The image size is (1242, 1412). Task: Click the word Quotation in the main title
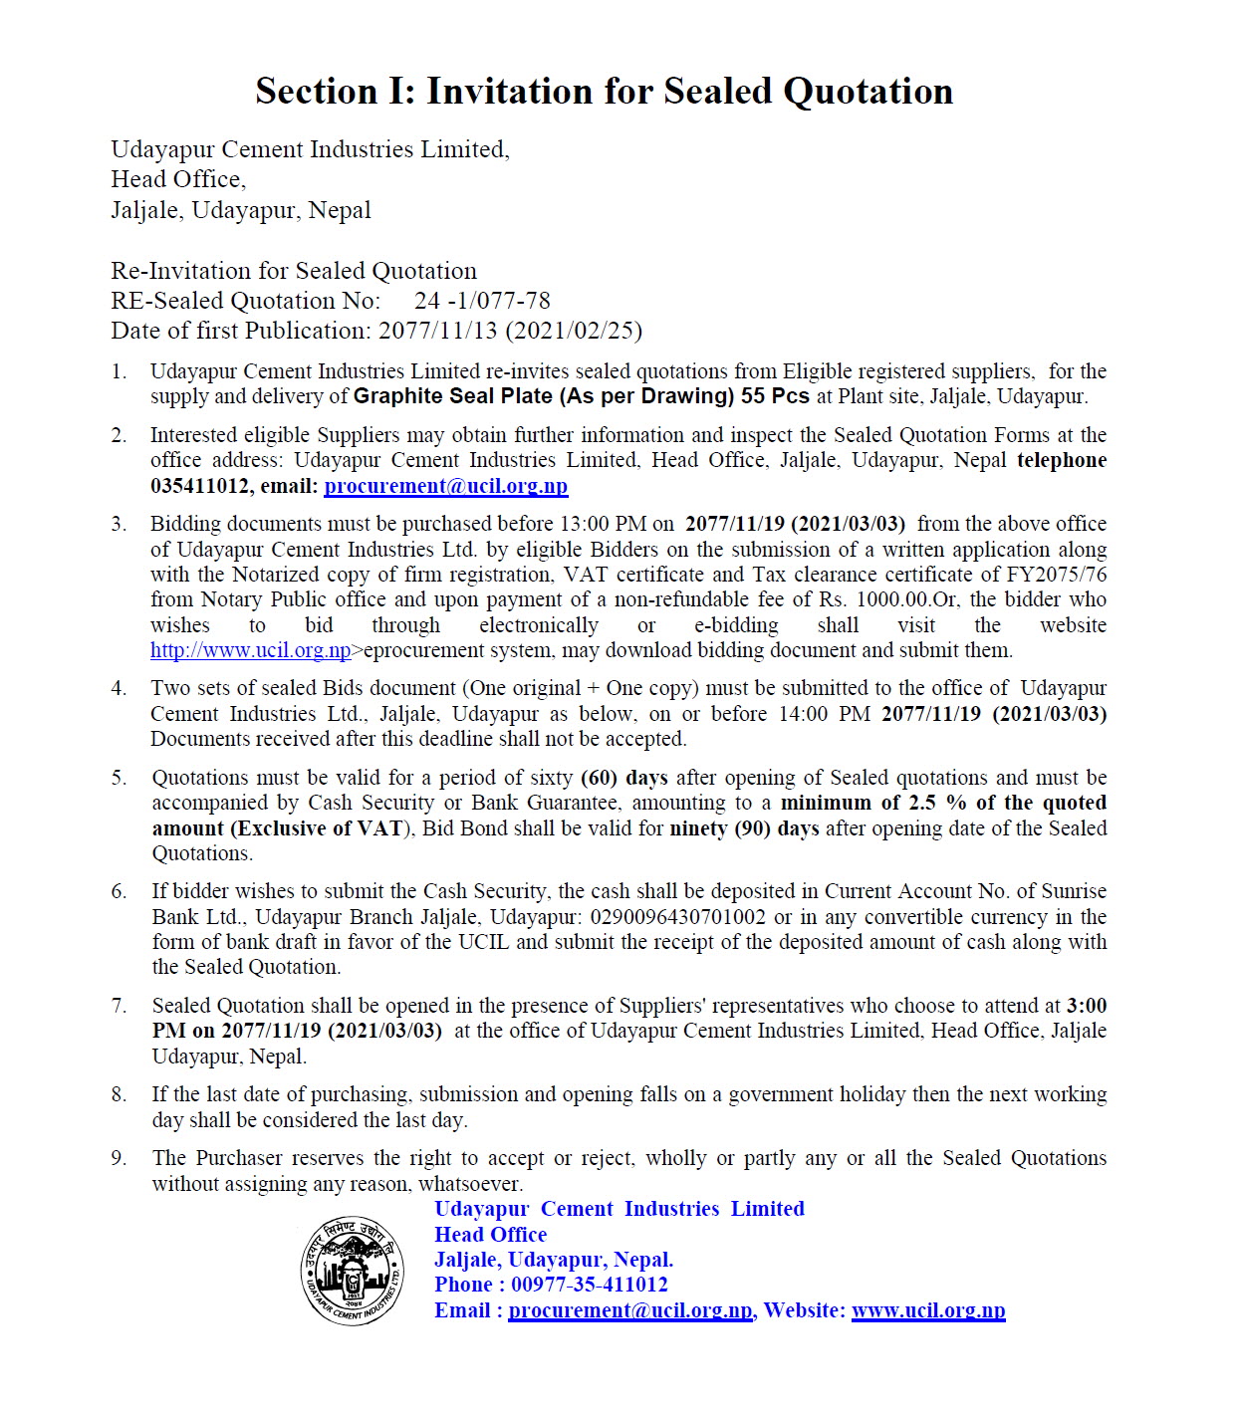click(x=868, y=92)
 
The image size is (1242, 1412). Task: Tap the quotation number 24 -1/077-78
click(x=482, y=301)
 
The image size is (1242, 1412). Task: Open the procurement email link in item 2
click(x=445, y=486)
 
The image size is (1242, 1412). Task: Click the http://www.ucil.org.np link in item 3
click(x=251, y=651)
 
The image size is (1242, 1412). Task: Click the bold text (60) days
click(x=623, y=778)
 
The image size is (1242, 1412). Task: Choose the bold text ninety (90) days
click(x=744, y=828)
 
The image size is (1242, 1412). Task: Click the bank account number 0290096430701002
click(x=677, y=917)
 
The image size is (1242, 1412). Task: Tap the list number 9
click(x=119, y=1158)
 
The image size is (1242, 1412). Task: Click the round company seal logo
click(x=353, y=1270)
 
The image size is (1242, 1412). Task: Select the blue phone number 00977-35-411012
click(x=589, y=1285)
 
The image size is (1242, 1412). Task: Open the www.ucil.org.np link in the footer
click(x=928, y=1310)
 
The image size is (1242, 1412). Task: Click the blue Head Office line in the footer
click(x=490, y=1235)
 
